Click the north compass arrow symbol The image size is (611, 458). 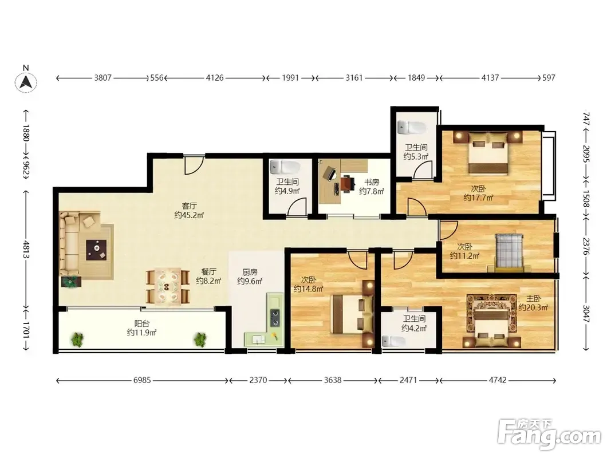click(26, 82)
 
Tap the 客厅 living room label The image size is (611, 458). click(189, 206)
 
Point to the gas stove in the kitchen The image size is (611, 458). click(275, 317)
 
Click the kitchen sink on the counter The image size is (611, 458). click(257, 339)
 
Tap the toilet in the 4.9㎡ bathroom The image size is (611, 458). click(285, 167)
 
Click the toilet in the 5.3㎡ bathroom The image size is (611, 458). click(412, 127)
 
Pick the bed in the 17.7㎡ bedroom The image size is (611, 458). click(488, 153)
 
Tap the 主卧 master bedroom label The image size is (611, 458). click(534, 298)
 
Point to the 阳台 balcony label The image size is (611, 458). click(141, 323)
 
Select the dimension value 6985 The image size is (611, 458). click(142, 380)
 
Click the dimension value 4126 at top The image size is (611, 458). click(215, 78)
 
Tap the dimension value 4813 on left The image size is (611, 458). click(26, 250)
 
